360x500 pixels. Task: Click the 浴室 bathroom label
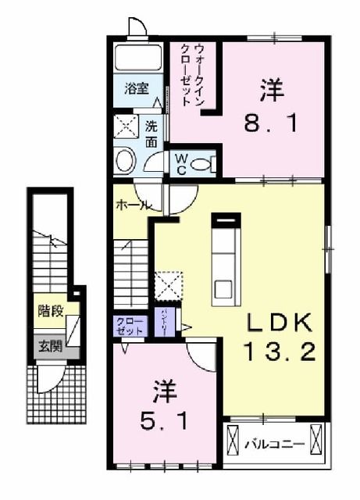tap(137, 89)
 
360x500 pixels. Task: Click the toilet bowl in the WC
tap(202, 164)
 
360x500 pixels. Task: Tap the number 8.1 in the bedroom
tap(269, 123)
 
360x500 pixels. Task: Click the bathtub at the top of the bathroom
tap(138, 57)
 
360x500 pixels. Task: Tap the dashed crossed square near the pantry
tap(168, 285)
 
